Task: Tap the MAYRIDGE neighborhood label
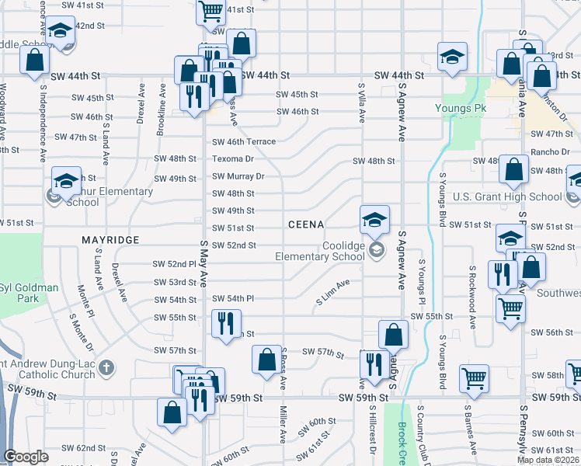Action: pos(110,240)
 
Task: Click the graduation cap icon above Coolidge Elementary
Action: pos(374,220)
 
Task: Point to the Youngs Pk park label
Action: pos(460,108)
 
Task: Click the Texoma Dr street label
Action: pos(233,158)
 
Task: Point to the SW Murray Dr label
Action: pos(238,176)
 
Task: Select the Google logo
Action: pos(26,457)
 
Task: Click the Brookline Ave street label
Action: pos(162,109)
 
